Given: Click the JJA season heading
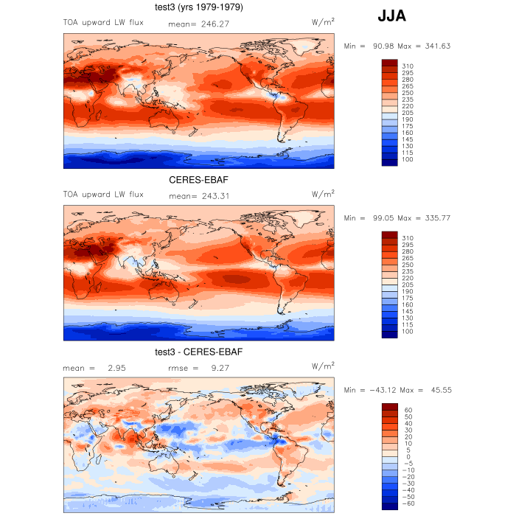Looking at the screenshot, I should [x=391, y=15].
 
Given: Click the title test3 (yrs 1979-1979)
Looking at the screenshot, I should [x=198, y=7].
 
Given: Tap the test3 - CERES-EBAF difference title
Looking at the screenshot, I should [x=198, y=352].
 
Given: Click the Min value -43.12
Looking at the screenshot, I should [x=383, y=390].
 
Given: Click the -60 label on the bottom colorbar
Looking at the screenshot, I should [x=408, y=503].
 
